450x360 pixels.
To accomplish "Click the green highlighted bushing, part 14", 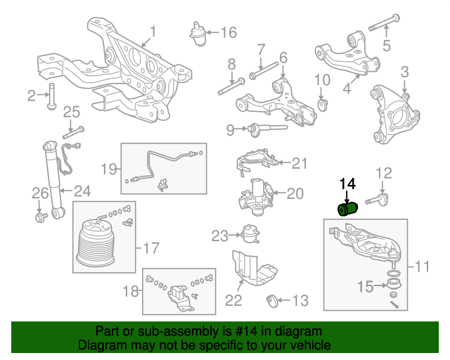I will (x=348, y=210).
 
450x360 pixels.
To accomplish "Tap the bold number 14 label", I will (x=348, y=184).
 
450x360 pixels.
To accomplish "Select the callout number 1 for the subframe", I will (x=153, y=32).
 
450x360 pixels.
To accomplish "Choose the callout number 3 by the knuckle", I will (x=405, y=72).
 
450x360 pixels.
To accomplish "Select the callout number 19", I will (x=108, y=169).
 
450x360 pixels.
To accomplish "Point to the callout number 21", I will (x=300, y=164).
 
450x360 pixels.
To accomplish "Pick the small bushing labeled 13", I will (x=274, y=302).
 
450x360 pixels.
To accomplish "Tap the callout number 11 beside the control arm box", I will (x=422, y=267).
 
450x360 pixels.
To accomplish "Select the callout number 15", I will (x=364, y=286).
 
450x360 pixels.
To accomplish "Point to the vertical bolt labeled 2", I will (x=51, y=97).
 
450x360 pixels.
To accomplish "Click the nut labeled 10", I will (x=322, y=104).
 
